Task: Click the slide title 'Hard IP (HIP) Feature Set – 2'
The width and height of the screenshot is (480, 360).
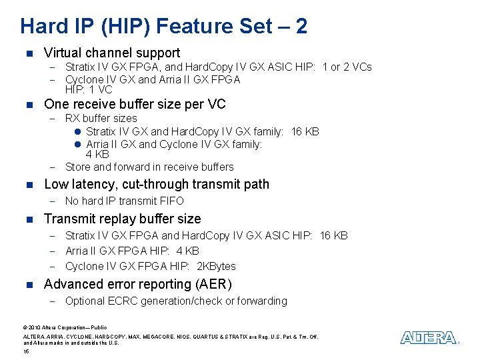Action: (x=164, y=26)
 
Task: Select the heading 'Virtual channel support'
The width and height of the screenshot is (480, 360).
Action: (x=111, y=53)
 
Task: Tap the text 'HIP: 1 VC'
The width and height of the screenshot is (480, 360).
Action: (x=89, y=89)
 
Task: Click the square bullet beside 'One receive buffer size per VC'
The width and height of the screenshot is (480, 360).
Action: (x=27, y=105)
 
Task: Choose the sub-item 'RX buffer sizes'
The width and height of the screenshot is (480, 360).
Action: (x=101, y=118)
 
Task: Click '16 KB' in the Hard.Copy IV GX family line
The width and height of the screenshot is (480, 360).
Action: (x=305, y=131)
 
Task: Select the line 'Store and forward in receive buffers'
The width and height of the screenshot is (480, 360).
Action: (x=149, y=167)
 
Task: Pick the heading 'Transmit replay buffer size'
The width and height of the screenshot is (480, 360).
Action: (x=122, y=219)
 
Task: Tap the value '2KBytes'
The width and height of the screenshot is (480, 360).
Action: (x=217, y=266)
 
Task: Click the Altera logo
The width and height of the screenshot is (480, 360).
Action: (x=429, y=338)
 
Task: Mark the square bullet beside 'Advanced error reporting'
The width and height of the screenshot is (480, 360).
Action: (x=27, y=285)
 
